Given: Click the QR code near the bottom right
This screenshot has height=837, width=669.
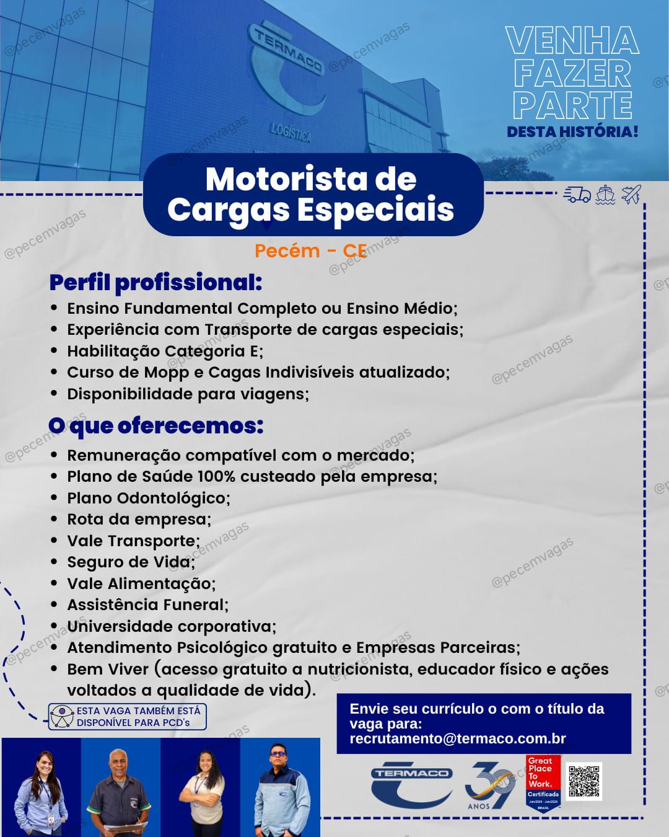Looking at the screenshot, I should (x=584, y=781).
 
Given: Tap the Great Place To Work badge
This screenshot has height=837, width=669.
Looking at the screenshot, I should (x=543, y=782).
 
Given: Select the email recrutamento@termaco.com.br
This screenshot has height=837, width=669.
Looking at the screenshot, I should (x=457, y=738).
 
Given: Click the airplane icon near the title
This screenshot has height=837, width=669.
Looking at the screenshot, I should (x=631, y=195).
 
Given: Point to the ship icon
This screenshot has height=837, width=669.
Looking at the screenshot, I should (x=605, y=195).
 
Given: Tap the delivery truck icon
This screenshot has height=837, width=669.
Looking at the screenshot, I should (x=577, y=195).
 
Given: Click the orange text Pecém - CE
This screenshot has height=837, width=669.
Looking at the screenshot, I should (x=310, y=251).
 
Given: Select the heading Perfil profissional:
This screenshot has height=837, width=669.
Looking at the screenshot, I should (x=155, y=283).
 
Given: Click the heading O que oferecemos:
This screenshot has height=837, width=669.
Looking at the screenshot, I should (x=155, y=426).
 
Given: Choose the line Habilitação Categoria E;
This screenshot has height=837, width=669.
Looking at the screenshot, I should (x=165, y=352).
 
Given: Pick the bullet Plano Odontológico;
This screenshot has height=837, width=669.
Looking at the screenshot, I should (x=149, y=498).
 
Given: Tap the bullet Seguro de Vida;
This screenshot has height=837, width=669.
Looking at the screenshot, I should (x=131, y=562).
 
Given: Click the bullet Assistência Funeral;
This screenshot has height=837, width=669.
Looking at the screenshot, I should (x=147, y=605).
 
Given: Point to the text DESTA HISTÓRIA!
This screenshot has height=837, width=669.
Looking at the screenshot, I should (x=572, y=131).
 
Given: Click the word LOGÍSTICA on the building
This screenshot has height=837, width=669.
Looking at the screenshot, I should (x=291, y=132).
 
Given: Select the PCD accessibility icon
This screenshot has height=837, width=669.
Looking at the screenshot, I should (x=62, y=717).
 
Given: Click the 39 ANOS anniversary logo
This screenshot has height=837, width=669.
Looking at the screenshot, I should (x=489, y=786).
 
